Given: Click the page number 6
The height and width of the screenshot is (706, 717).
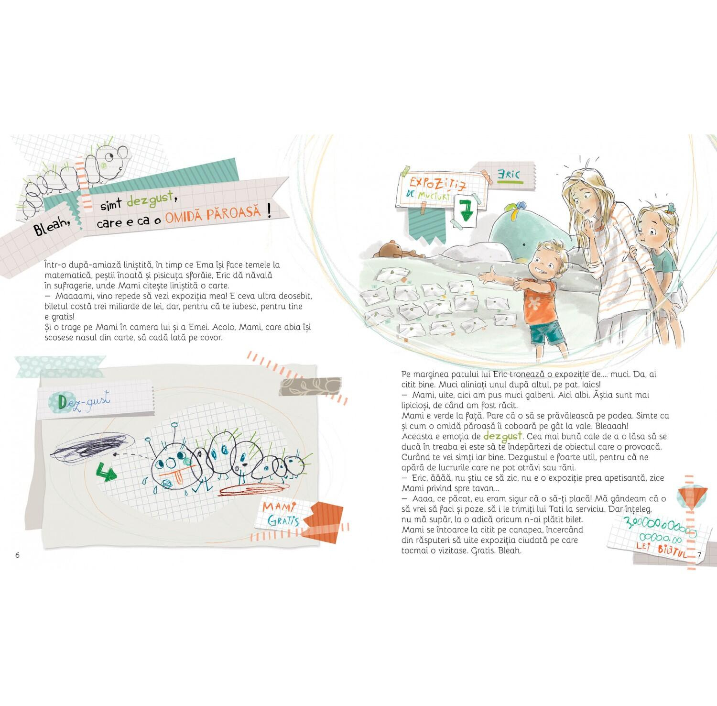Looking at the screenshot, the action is [x=18, y=555].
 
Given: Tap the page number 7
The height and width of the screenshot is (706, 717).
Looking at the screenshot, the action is [x=699, y=555].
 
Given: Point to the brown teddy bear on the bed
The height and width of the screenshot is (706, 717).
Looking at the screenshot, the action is [x=392, y=251].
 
